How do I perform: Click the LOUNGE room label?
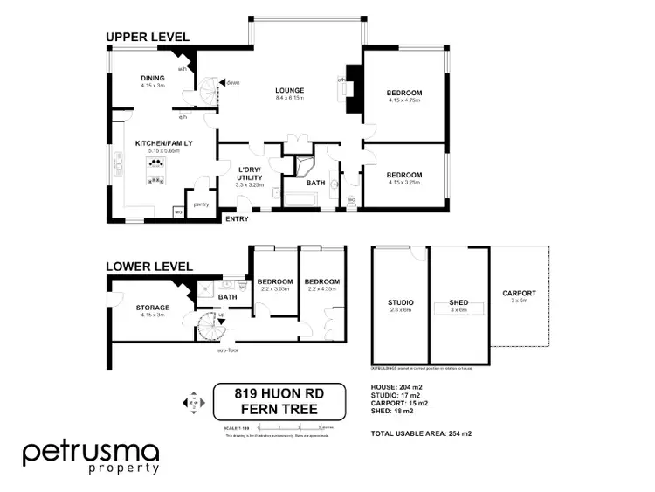pyautogui.click(x=289, y=90)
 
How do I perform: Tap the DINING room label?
pyautogui.click(x=153, y=78)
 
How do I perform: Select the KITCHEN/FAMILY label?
pyautogui.click(x=163, y=143)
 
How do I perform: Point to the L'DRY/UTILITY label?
pyautogui.click(x=250, y=173)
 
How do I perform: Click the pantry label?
pyautogui.click(x=201, y=204)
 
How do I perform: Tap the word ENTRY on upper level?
pyautogui.click(x=237, y=218)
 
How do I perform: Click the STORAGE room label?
pyautogui.click(x=152, y=308)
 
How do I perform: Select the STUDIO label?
pyautogui.click(x=401, y=303)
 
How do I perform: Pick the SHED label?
pyautogui.click(x=459, y=302)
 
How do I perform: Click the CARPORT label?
pyautogui.click(x=519, y=294)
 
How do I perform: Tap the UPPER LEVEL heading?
pyautogui.click(x=148, y=36)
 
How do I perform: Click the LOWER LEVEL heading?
pyautogui.click(x=149, y=265)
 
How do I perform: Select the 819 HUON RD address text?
pyautogui.click(x=279, y=394)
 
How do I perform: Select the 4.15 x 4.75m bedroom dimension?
pyautogui.click(x=404, y=101)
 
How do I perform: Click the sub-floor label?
pyautogui.click(x=229, y=350)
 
